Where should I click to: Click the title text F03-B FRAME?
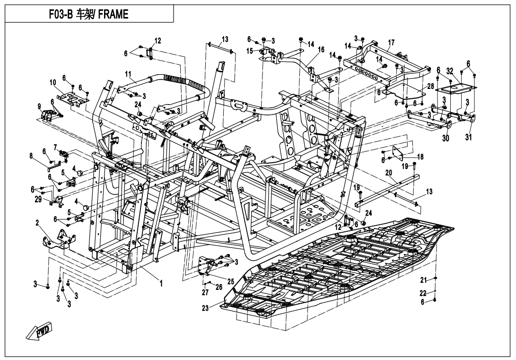point(88,15)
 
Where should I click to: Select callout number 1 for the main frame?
point(161,284)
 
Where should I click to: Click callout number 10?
point(52,82)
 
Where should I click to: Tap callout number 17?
point(391,43)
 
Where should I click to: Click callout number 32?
point(450,70)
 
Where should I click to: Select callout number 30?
point(446,138)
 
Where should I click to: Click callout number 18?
point(420,157)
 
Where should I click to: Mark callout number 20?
point(388,173)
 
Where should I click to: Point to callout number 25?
point(230,281)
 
